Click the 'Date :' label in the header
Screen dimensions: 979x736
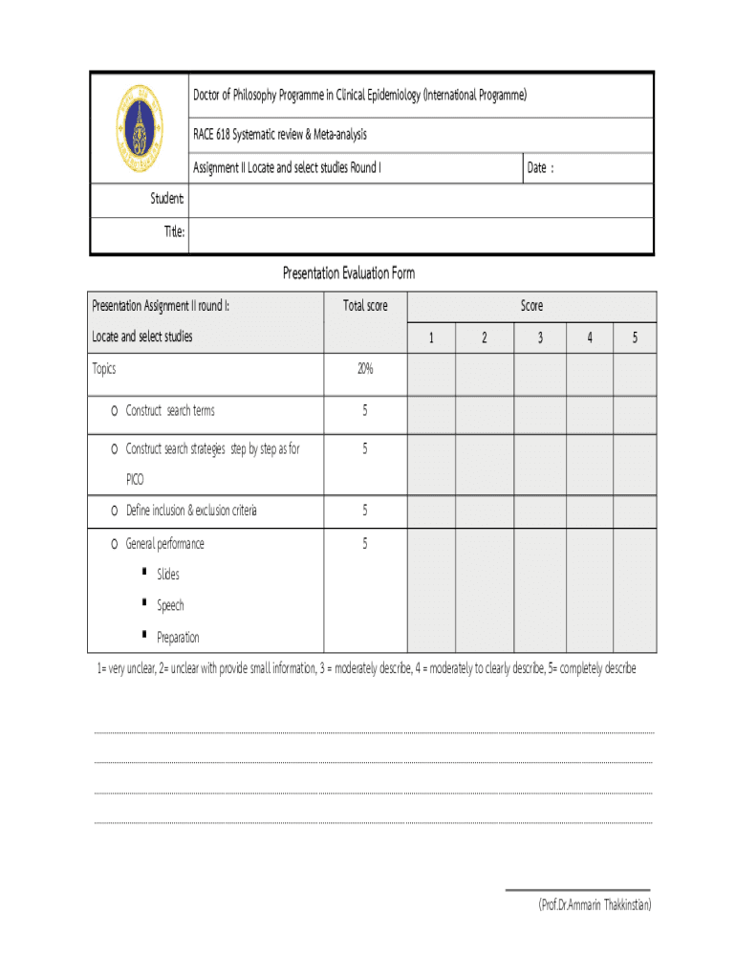click(x=540, y=168)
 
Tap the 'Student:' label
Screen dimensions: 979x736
click(x=167, y=199)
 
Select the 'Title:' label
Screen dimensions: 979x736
click(x=174, y=234)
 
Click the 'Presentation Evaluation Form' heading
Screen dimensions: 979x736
click(x=349, y=274)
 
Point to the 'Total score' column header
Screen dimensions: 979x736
click(x=365, y=306)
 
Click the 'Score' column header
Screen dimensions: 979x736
click(x=531, y=306)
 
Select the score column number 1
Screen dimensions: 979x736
click(x=431, y=337)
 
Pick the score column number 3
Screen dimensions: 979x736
click(x=540, y=337)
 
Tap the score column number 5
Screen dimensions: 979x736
click(x=635, y=337)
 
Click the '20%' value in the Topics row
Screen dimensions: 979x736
click(x=365, y=368)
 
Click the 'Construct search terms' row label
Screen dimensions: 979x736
click(x=170, y=411)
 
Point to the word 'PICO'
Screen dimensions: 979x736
click(x=136, y=479)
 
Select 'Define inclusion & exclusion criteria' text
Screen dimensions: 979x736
click(x=191, y=511)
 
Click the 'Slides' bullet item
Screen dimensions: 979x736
click(x=168, y=575)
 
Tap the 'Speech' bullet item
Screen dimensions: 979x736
click(x=170, y=605)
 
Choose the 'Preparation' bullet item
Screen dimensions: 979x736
click(x=178, y=637)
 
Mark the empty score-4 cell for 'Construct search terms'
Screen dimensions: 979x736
click(x=590, y=415)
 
